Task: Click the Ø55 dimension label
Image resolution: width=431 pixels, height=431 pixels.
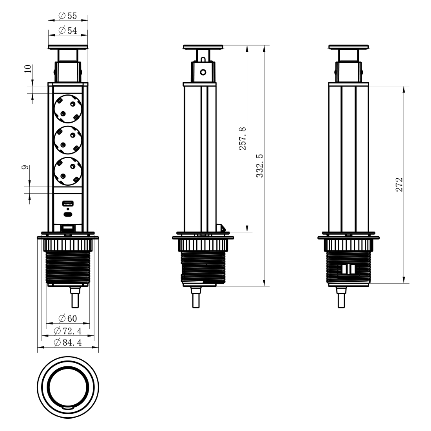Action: (68, 16)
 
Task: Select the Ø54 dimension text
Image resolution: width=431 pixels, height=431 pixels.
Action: (68, 30)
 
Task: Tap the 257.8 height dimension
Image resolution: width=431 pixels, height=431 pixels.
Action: (243, 139)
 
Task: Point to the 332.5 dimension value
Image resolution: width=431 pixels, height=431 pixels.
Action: (260, 166)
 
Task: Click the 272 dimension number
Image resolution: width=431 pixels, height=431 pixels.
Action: (399, 185)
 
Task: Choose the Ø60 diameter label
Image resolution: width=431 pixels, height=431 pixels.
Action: (68, 318)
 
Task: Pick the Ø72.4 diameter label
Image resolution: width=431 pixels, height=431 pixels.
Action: (68, 331)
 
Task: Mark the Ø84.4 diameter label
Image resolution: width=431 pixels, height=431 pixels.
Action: (68, 342)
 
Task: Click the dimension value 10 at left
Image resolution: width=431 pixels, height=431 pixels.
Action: (28, 69)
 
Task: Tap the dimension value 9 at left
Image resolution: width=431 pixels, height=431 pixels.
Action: (25, 167)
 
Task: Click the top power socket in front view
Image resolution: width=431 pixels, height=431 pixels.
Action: (68, 109)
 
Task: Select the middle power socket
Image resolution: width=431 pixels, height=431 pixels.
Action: (68, 140)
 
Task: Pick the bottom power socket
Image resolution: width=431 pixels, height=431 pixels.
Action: (68, 171)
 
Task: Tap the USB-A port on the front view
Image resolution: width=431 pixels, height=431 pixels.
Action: (68, 204)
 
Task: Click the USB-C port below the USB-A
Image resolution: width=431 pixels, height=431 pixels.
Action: (68, 214)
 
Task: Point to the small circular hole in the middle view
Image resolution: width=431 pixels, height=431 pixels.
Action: (203, 72)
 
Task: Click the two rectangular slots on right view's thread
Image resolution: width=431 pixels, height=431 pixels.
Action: (349, 270)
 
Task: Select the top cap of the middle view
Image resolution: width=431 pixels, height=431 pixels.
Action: (203, 47)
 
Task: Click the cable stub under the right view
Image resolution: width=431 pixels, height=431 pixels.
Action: (341, 297)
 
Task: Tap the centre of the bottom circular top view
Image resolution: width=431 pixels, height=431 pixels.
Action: (68, 388)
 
